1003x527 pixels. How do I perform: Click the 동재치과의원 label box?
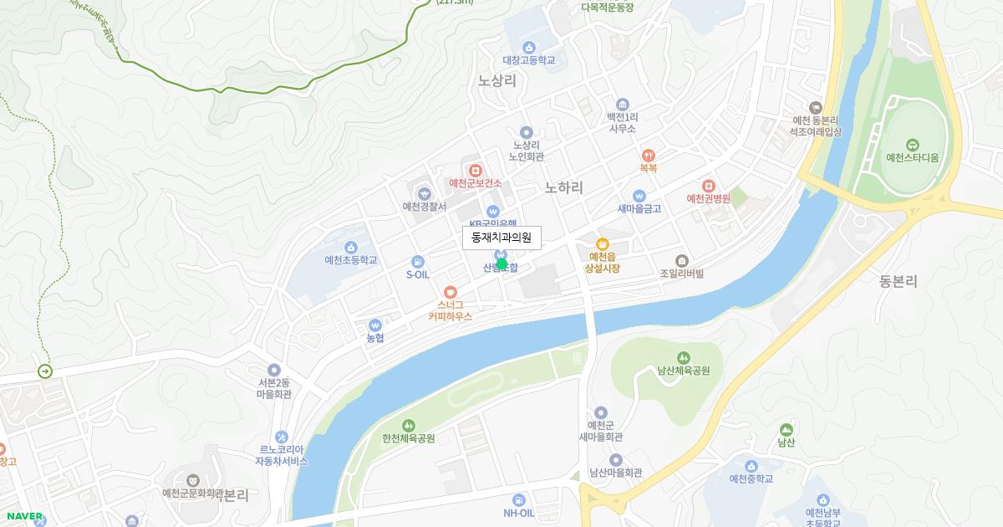(x=501, y=238)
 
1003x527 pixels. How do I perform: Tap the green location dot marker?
(x=501, y=264)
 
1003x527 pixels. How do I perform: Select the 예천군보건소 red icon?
(x=475, y=169)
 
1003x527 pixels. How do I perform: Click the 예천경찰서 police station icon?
(x=425, y=194)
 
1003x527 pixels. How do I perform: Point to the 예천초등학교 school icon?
(x=351, y=247)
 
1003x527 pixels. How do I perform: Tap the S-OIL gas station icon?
(x=418, y=261)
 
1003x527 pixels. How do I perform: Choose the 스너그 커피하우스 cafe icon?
(x=451, y=292)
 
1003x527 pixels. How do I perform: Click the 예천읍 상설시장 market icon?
(x=603, y=243)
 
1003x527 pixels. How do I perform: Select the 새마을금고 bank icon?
(x=639, y=196)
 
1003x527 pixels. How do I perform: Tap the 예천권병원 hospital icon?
(x=709, y=185)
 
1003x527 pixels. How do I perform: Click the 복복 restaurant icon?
(x=649, y=155)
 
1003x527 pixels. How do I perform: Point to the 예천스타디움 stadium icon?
(x=912, y=144)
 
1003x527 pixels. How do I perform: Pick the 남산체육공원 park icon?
(x=684, y=358)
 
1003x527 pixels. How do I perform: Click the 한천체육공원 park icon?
(x=409, y=425)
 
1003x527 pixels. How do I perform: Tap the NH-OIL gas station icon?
(x=518, y=499)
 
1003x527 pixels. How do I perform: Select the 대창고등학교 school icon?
(x=528, y=47)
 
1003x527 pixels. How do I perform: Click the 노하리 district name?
(x=564, y=187)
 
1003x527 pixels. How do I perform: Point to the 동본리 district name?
(x=899, y=282)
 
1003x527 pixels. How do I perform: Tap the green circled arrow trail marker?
(x=45, y=371)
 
